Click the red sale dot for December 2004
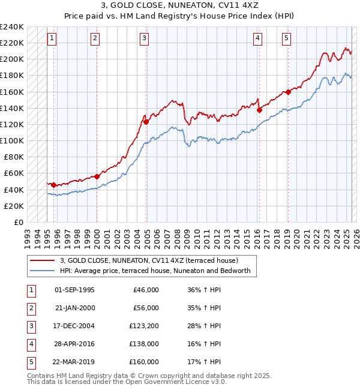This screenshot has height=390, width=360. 146,122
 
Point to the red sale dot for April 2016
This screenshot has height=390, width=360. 259,110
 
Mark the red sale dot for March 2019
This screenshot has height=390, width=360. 288,92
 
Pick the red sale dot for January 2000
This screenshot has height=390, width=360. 97,176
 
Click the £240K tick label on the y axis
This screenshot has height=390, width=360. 13,27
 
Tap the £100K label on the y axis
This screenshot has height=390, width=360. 13,141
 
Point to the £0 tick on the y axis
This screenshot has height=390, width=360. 19,222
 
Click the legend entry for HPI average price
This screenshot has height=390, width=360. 158,271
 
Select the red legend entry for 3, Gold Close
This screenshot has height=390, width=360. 149,260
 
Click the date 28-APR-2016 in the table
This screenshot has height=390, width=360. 74,344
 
